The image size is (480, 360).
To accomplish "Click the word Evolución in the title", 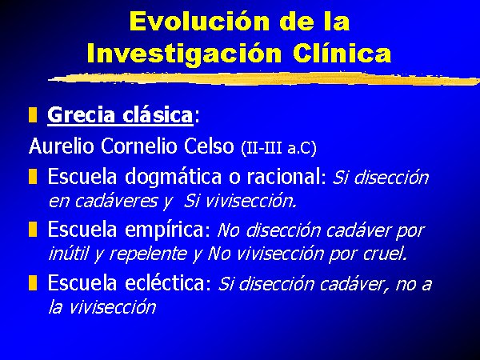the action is tap(199, 21).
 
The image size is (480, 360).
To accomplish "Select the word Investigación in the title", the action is tap(184, 53).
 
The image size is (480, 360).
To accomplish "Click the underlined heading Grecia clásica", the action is tap(120, 115).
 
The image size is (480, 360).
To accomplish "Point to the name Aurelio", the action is tap(62, 146).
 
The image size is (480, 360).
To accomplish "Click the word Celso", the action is tap(209, 146).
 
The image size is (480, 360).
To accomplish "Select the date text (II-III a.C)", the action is tap(278, 148).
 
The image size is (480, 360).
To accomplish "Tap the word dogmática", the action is tap(174, 178).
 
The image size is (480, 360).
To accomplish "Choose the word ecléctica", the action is tap(166, 282).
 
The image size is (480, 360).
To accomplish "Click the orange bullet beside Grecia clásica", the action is tap(33, 114).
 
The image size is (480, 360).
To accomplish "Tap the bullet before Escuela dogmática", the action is tap(33, 177).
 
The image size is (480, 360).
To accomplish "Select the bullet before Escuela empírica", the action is tap(33, 230).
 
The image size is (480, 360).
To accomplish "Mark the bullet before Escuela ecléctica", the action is tap(33, 282).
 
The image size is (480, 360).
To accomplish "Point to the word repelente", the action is tap(147, 254).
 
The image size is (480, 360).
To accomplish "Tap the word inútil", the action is tap(69, 253).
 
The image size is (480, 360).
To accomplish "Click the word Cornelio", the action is tap(139, 146).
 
